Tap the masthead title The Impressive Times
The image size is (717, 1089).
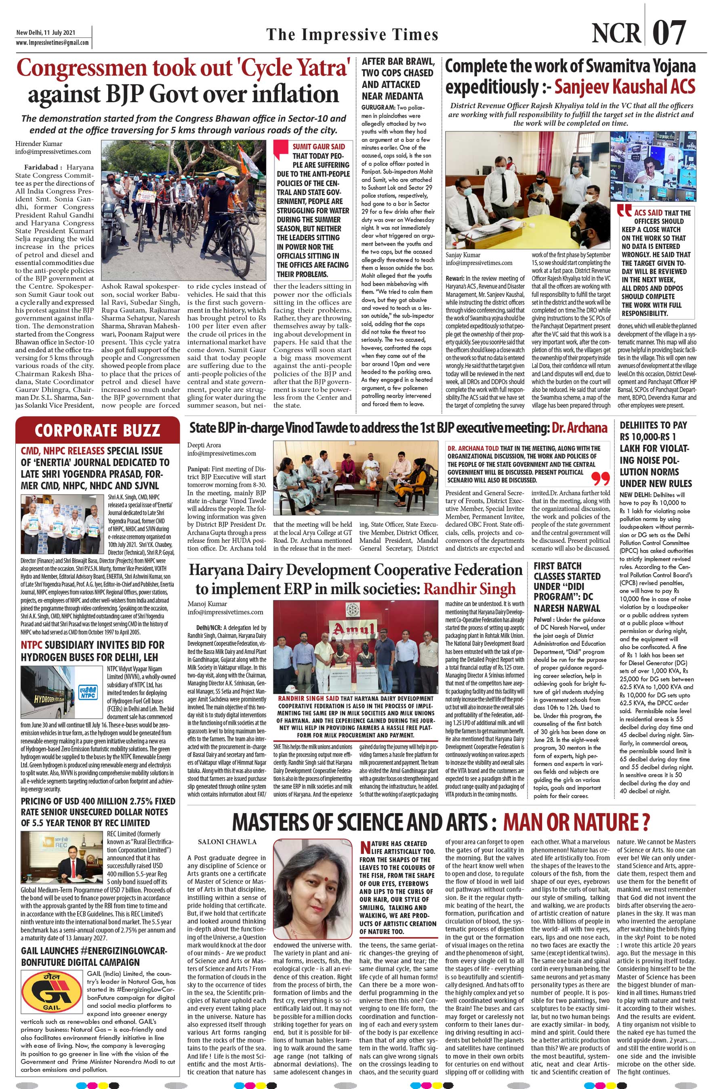coord(352,35)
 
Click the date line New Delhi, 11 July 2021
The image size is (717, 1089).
coord(46,32)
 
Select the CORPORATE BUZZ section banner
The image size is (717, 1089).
coord(97,431)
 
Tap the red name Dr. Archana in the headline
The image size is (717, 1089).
coord(579,428)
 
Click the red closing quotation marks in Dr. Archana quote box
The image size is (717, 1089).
coord(601,479)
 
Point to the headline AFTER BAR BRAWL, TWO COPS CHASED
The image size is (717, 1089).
coord(397,79)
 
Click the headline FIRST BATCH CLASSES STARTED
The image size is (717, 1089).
coord(567,587)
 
